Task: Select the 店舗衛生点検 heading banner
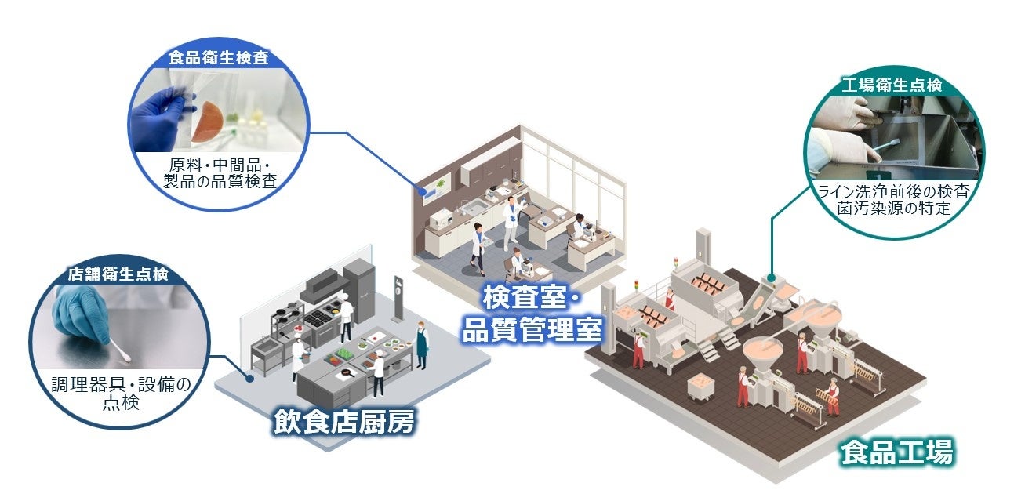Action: click(x=117, y=274)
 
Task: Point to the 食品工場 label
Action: click(x=896, y=452)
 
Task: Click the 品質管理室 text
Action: click(x=532, y=328)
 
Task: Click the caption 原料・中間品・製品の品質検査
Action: click(x=219, y=173)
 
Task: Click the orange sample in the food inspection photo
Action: click(x=211, y=121)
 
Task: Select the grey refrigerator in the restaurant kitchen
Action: click(x=360, y=285)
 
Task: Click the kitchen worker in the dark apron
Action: click(x=423, y=343)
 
